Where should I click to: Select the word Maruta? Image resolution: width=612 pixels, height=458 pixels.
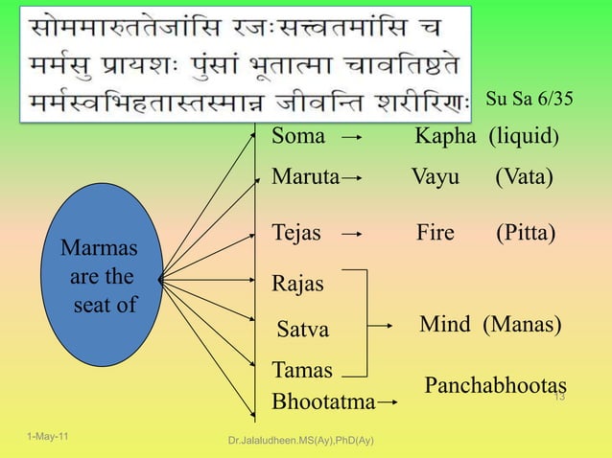point(306,178)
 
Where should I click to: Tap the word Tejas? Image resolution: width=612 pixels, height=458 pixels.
point(296,233)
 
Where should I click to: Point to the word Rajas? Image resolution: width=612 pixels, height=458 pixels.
point(298,285)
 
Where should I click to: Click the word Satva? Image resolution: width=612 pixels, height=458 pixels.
point(302,330)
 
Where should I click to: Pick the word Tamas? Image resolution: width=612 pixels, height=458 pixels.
point(302,371)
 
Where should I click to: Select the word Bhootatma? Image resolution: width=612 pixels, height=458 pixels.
point(323,401)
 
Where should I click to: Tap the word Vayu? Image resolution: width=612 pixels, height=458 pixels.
point(435,178)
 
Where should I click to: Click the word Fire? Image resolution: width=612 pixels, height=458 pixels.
point(435,233)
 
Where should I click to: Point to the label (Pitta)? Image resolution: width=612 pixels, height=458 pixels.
point(526,233)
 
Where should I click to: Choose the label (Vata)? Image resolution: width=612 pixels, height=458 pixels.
point(524,178)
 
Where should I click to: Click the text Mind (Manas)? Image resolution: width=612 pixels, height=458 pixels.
point(489,325)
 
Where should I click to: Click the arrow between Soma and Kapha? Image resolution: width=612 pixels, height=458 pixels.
point(352,137)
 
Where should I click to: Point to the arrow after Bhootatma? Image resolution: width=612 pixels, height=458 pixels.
point(388,403)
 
